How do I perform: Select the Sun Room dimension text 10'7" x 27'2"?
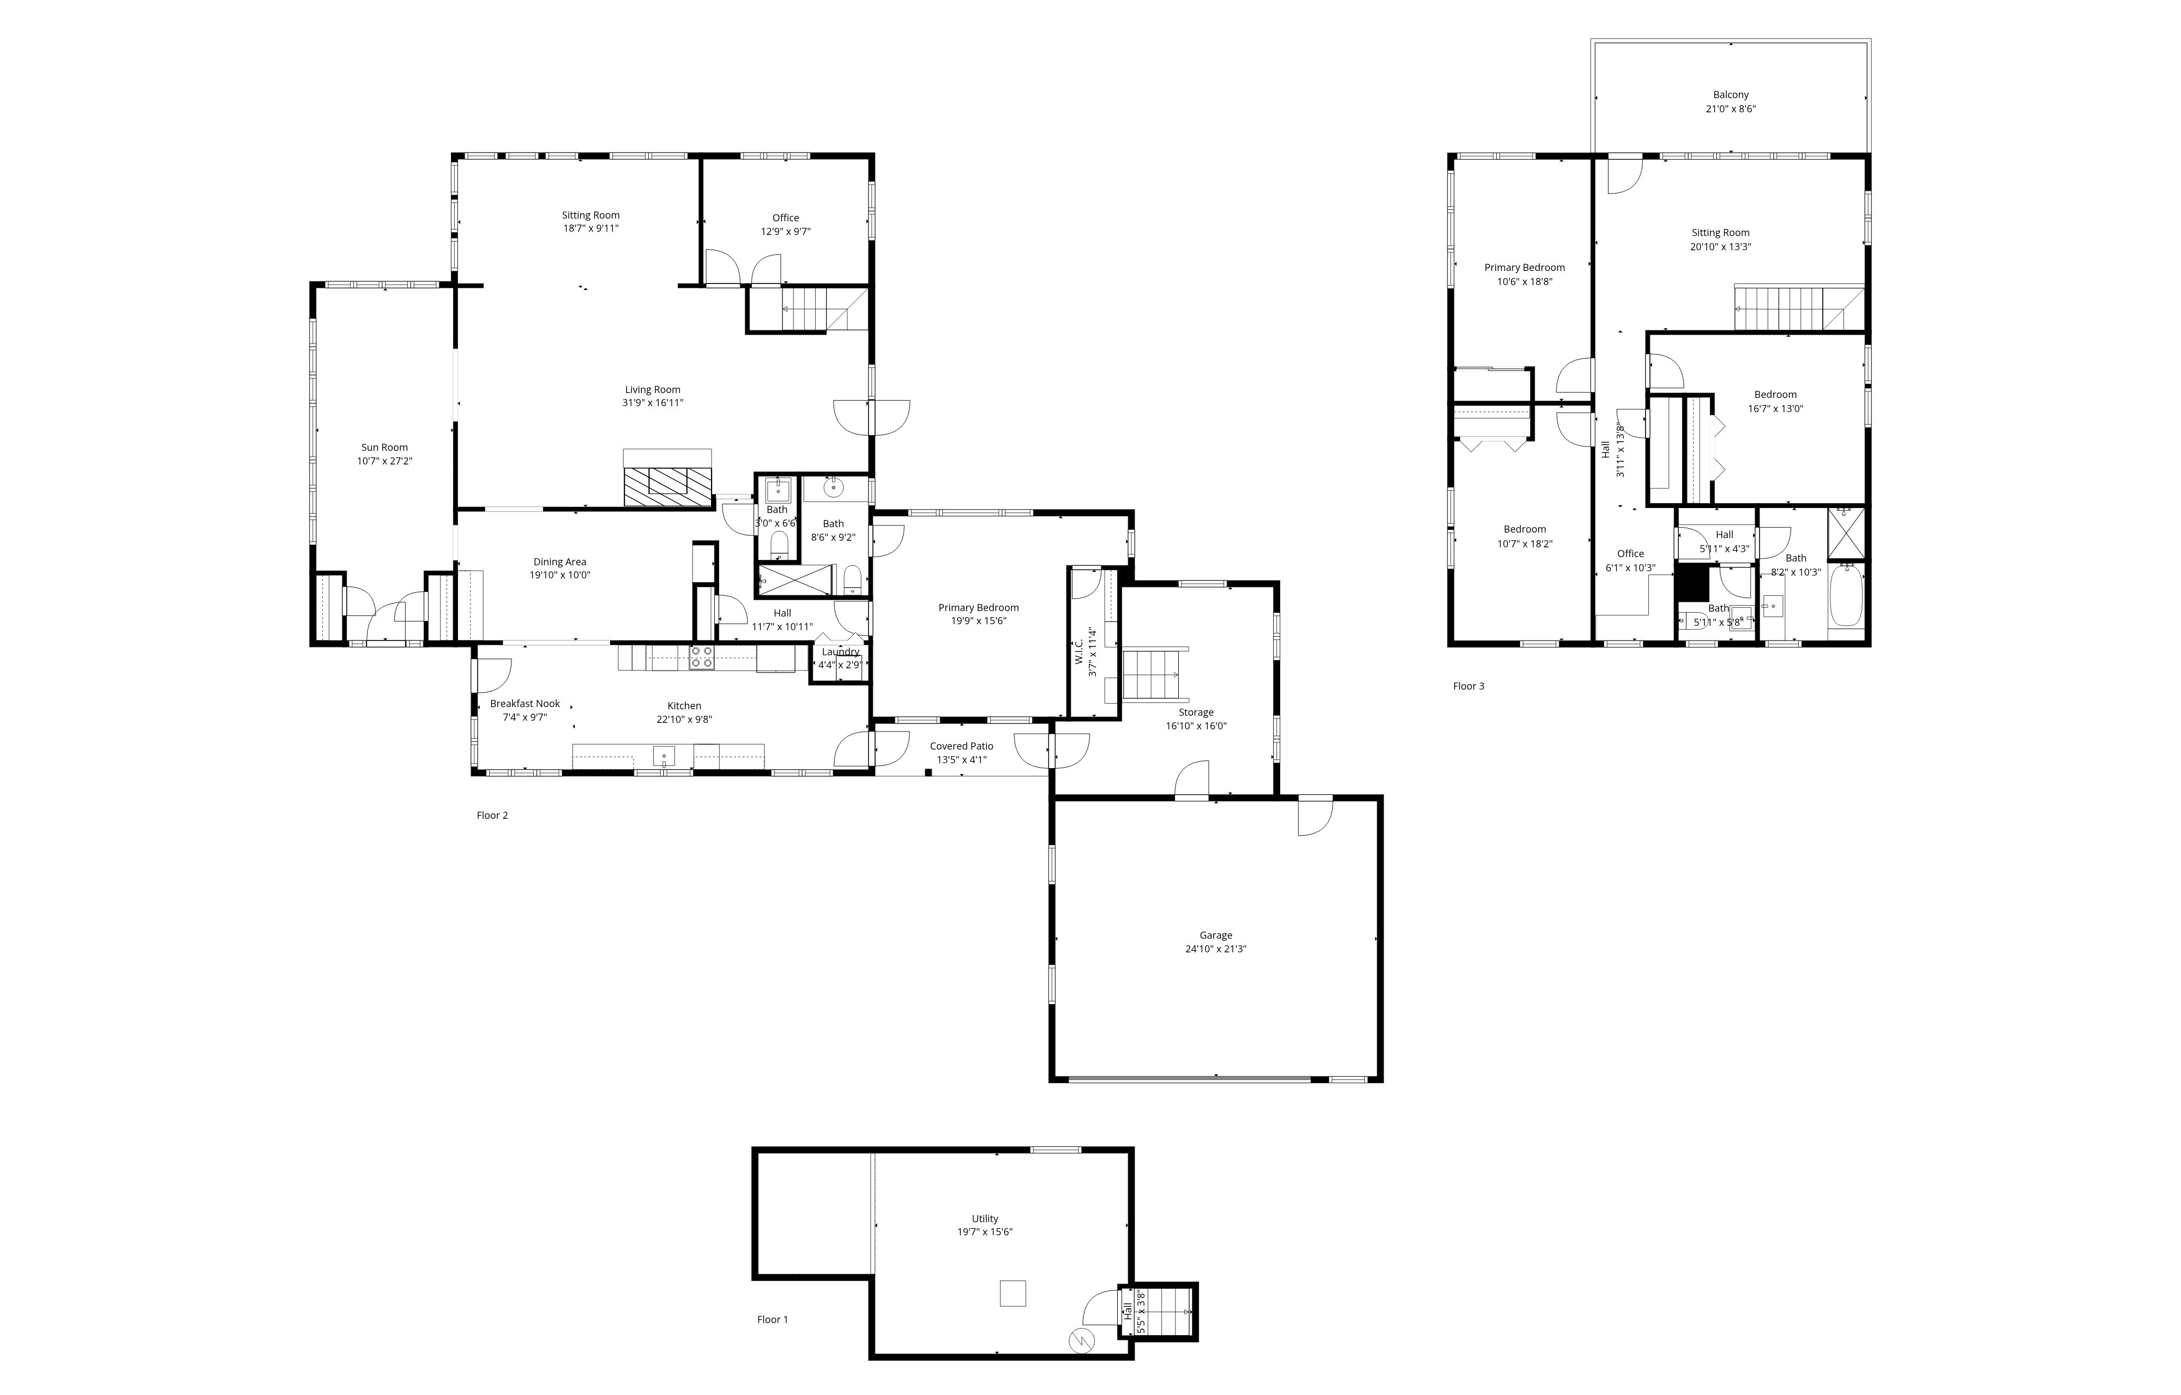(x=384, y=461)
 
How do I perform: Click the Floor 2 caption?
(x=492, y=816)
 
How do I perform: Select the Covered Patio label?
(x=961, y=746)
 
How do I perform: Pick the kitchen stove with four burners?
(x=701, y=657)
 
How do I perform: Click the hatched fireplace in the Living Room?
(x=668, y=482)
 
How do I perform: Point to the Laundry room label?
(x=840, y=651)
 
